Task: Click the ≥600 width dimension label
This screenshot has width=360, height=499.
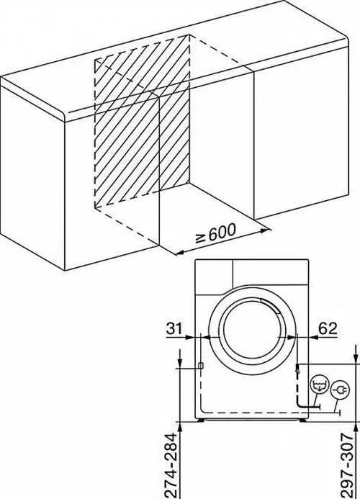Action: (x=216, y=233)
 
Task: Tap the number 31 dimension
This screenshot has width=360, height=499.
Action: (x=174, y=328)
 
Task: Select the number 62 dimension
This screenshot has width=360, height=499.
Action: (x=328, y=328)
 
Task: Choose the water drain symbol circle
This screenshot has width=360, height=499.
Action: (x=319, y=385)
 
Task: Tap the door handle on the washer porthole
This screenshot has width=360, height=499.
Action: (x=270, y=305)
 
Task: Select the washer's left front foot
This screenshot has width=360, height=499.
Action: (x=201, y=420)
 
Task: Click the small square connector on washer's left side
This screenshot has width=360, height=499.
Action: (x=201, y=365)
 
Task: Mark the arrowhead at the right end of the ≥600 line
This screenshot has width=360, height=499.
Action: (x=266, y=230)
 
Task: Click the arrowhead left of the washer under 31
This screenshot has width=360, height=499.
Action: (x=190, y=337)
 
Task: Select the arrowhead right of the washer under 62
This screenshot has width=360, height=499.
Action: (x=313, y=337)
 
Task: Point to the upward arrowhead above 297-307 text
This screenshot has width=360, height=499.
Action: (x=356, y=427)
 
